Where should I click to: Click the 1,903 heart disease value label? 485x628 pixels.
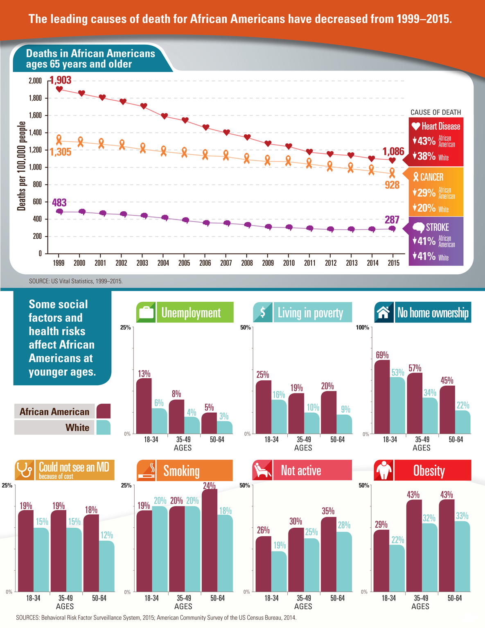click(61, 80)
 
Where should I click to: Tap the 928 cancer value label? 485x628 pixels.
click(392, 185)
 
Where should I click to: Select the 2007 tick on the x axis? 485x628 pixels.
click(226, 263)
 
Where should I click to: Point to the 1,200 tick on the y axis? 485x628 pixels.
click(35, 150)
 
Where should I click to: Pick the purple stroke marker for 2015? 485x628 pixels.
click(392, 229)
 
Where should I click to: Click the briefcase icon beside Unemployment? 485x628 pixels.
click(146, 313)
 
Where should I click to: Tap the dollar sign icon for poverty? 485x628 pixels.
click(263, 312)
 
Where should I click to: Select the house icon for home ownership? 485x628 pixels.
click(383, 313)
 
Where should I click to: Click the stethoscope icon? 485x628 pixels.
click(25, 470)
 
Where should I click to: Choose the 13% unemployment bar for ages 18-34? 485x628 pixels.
click(144, 406)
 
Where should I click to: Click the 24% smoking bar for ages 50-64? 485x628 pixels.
click(210, 540)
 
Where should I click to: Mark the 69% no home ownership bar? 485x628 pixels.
click(382, 397)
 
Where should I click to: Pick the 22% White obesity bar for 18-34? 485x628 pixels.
click(397, 568)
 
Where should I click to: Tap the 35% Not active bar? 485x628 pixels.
click(328, 554)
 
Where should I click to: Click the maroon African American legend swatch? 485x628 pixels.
click(104, 411)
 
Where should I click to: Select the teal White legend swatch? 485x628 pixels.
click(104, 427)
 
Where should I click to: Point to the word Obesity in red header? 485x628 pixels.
click(429, 471)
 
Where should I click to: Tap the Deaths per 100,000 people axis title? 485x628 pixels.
click(22, 166)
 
